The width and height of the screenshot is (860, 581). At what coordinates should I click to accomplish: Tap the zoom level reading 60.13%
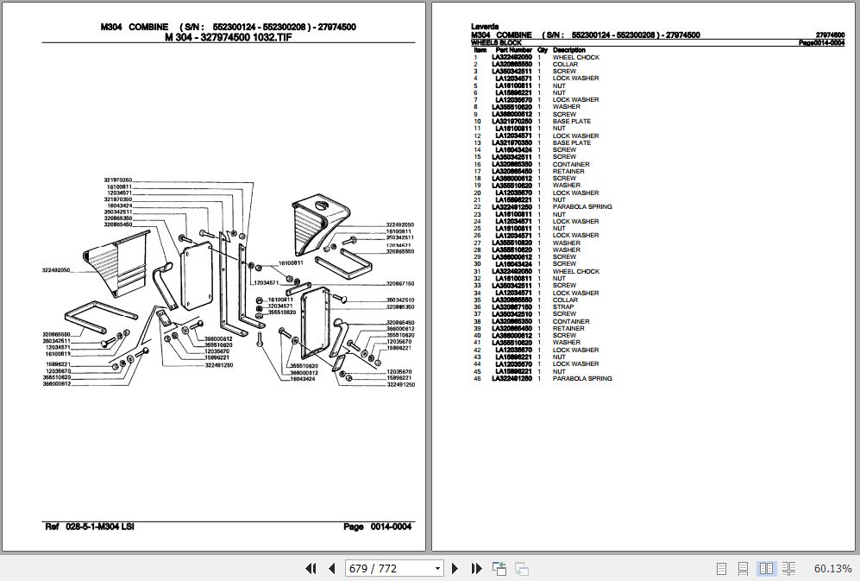point(832,568)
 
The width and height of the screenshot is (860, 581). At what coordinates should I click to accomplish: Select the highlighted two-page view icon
point(765,568)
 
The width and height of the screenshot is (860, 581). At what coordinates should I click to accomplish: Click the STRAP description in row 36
point(562,307)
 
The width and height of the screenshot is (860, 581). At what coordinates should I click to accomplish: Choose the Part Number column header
point(513,50)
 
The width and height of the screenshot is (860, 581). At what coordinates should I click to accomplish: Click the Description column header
point(568,50)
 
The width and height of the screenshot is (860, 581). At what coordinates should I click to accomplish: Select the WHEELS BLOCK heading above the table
point(496,42)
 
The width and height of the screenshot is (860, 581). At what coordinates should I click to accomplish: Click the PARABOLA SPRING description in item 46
point(582,378)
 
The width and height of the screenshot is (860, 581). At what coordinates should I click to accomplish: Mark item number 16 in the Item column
point(475,164)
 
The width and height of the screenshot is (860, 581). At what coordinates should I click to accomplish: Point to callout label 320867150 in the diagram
point(399,283)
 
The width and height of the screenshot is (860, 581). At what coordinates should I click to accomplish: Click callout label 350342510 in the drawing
point(399,300)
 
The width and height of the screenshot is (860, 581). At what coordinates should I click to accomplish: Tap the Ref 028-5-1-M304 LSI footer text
point(89,527)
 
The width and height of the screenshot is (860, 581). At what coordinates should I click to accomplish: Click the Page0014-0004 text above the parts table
point(821,42)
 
